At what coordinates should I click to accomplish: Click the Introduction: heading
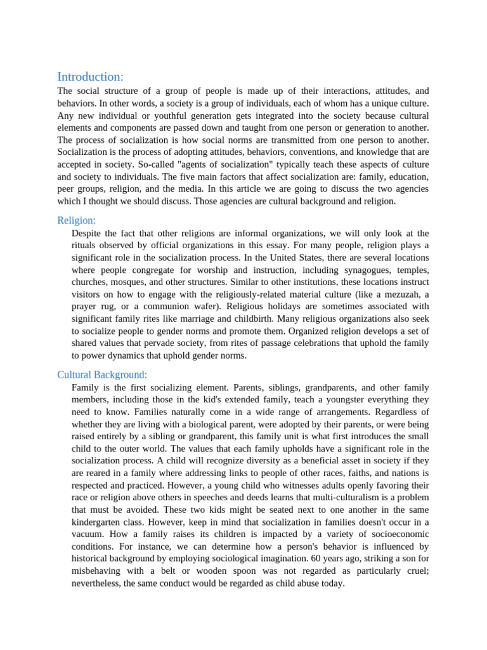(90, 77)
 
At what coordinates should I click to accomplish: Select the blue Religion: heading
(76, 220)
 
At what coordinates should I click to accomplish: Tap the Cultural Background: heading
(102, 375)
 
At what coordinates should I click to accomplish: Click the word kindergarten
(98, 522)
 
